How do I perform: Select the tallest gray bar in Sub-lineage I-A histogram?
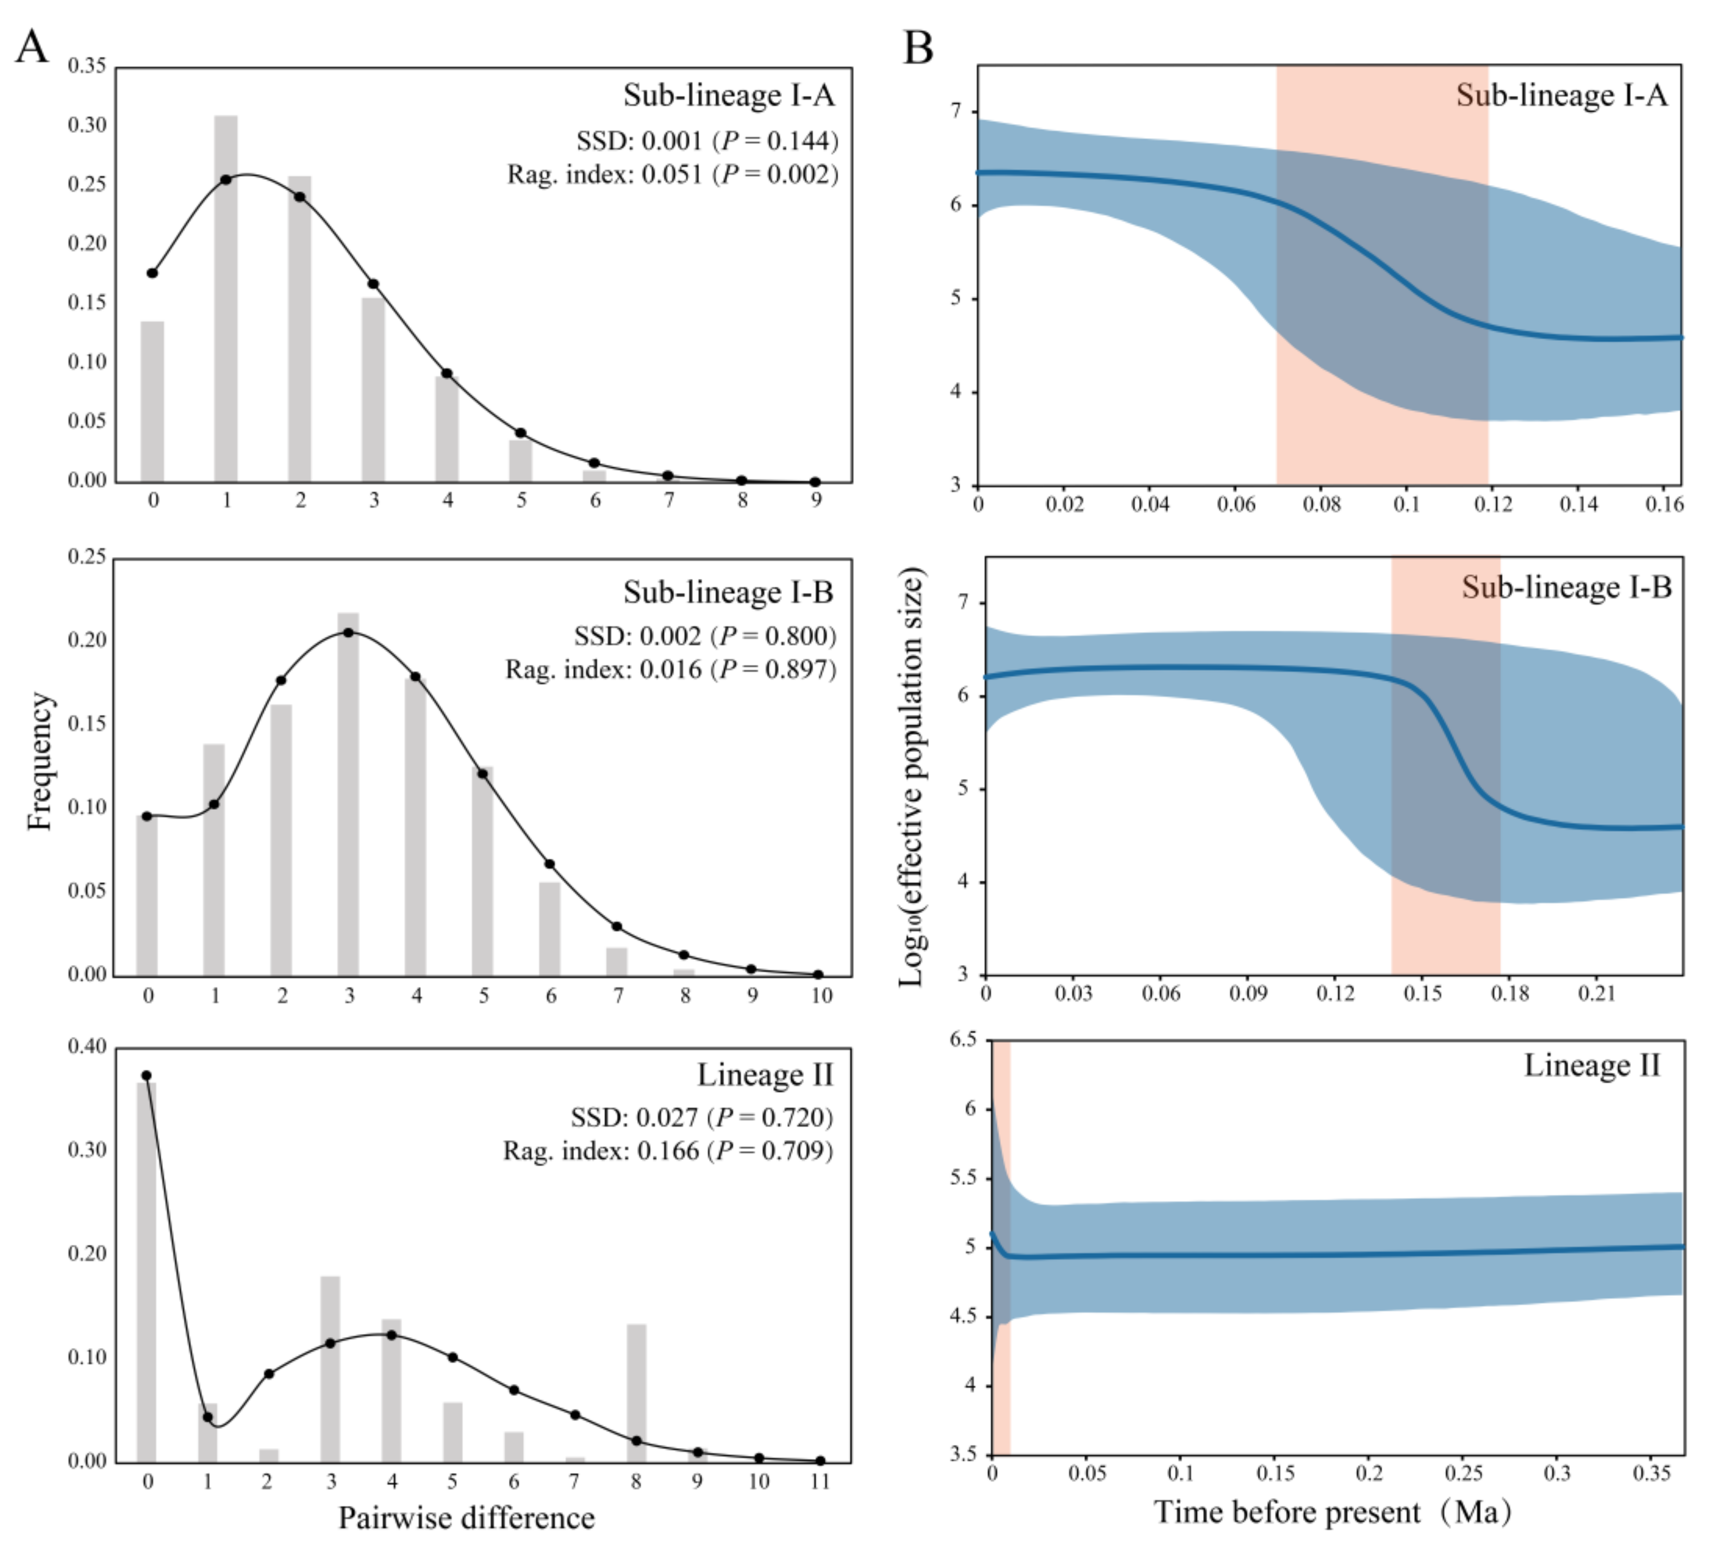pyautogui.click(x=226, y=298)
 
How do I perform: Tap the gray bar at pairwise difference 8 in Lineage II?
pyautogui.click(x=637, y=1392)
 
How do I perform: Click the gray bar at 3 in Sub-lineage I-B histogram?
pyautogui.click(x=348, y=794)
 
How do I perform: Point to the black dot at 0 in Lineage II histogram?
pyautogui.click(x=146, y=1075)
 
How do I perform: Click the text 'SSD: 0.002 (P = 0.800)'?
pyautogui.click(x=704, y=636)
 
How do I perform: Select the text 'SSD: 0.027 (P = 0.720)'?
pyautogui.click(x=702, y=1117)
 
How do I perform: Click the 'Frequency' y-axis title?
pyautogui.click(x=40, y=761)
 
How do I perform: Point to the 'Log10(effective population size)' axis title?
pyautogui.click(x=912, y=776)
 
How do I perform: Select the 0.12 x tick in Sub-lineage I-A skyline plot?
pyautogui.click(x=1492, y=505)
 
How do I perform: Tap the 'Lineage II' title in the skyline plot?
pyautogui.click(x=1591, y=1065)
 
